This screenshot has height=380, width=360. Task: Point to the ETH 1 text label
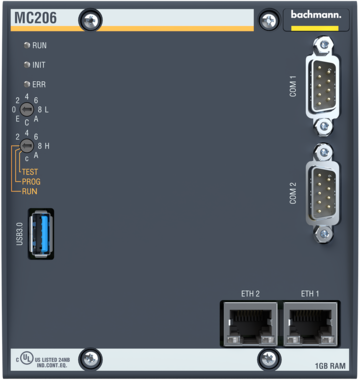(x=310, y=292)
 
